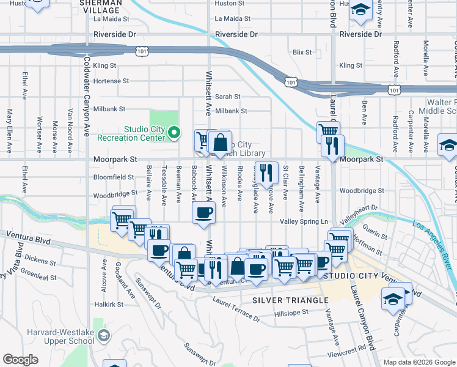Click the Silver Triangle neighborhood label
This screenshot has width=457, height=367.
tap(290, 300)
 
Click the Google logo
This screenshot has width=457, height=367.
tap(20, 359)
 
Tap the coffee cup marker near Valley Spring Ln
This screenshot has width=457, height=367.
tap(203, 213)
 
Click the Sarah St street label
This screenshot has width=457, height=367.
tap(227, 97)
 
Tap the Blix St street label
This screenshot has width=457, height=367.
tap(302, 53)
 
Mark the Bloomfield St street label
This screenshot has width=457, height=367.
tap(114, 177)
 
